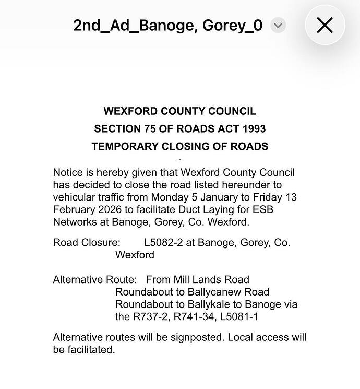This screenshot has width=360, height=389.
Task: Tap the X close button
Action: coord(325,25)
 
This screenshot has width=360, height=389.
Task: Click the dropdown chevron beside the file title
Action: coord(278,25)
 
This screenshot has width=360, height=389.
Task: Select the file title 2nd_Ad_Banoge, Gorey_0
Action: coord(167,25)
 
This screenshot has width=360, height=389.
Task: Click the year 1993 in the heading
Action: coord(254,129)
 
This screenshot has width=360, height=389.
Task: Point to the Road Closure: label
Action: coord(87,243)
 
